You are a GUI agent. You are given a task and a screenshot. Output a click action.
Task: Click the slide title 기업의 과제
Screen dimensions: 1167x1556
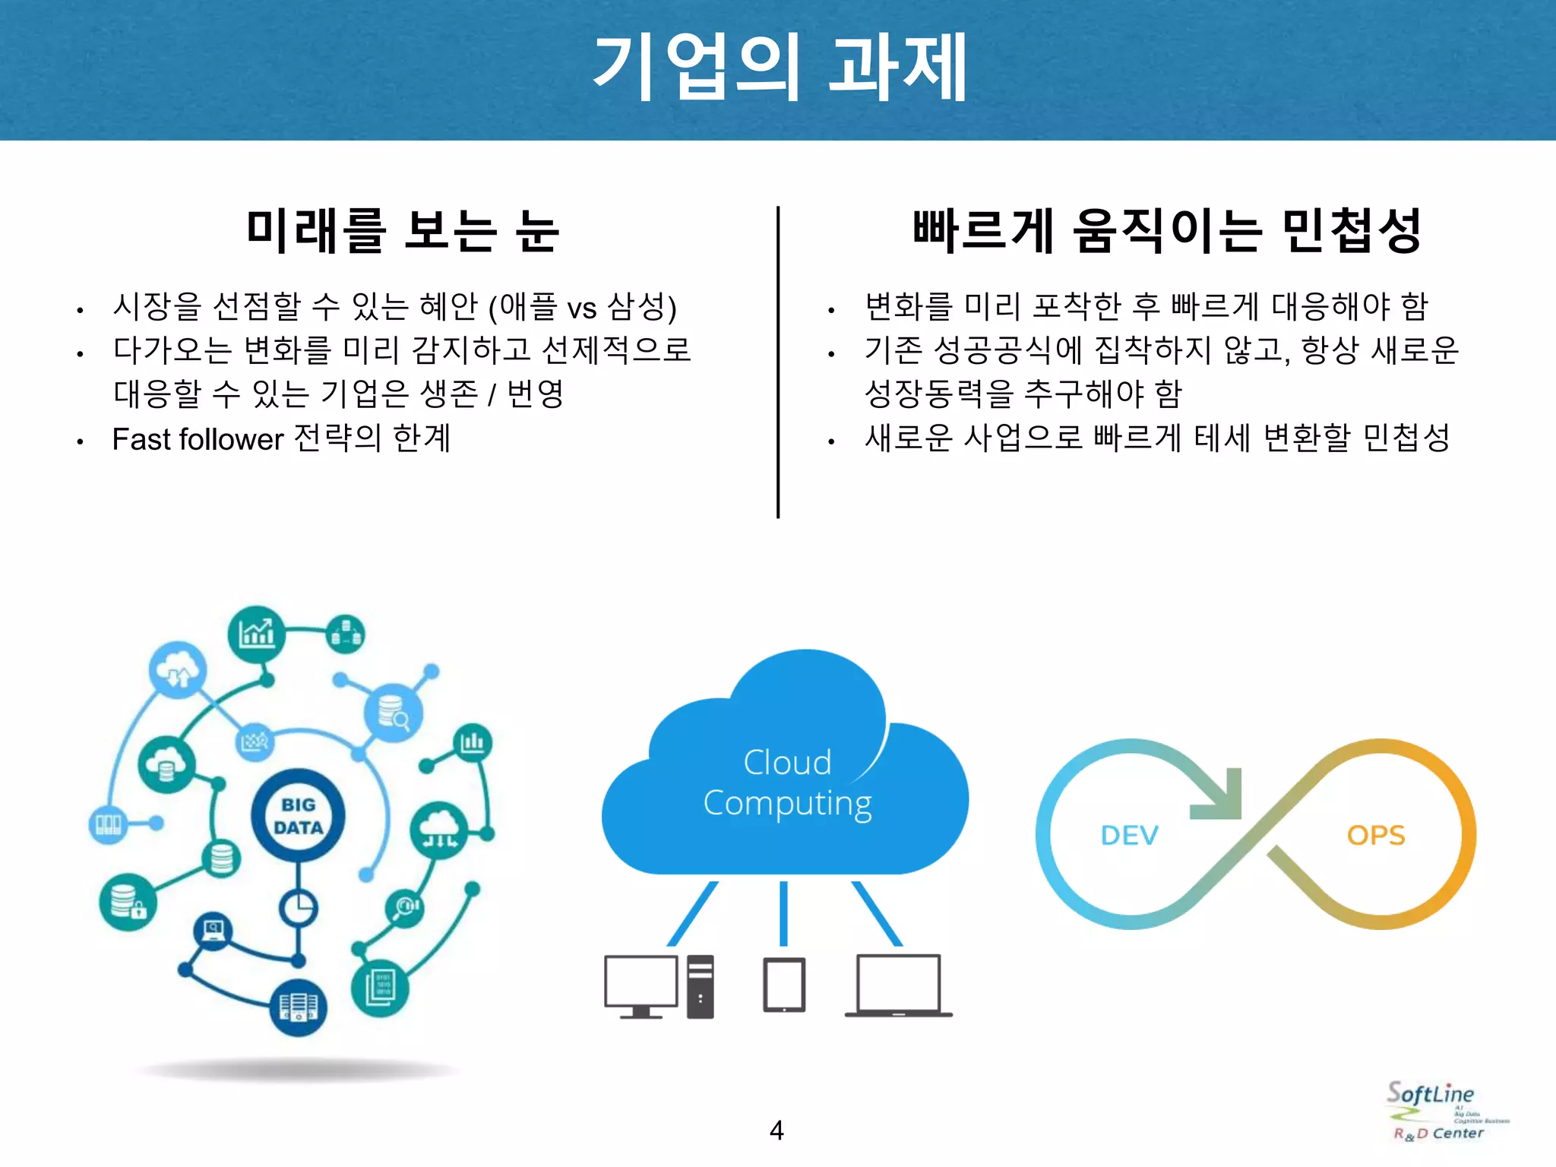pyautogui.click(x=778, y=68)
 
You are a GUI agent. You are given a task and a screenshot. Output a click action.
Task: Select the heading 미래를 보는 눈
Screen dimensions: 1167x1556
pyautogui.click(x=403, y=231)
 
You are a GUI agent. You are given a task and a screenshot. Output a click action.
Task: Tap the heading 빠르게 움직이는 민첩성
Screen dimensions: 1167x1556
pyautogui.click(x=1166, y=231)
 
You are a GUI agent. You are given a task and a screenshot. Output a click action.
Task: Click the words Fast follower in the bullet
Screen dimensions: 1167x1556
pyautogui.click(x=198, y=439)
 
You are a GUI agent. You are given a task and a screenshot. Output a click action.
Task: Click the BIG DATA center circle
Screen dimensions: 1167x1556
pyautogui.click(x=299, y=816)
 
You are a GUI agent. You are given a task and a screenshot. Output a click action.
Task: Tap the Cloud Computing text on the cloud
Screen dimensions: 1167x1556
pyautogui.click(x=787, y=783)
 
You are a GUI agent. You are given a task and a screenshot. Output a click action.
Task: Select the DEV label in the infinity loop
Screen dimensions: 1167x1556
pyautogui.click(x=1129, y=836)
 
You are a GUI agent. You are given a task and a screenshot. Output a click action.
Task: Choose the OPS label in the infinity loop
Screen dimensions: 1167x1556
pyautogui.click(x=1376, y=836)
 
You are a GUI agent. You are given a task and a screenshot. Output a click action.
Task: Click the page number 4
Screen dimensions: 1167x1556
pyautogui.click(x=776, y=1131)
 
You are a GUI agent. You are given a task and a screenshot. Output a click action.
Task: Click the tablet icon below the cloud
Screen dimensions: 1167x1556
pyautogui.click(x=784, y=985)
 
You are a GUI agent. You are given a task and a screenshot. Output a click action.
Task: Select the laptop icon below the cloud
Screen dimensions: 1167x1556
pyautogui.click(x=898, y=985)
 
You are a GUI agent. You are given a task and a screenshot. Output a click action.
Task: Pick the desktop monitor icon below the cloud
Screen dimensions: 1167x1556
pyautogui.click(x=640, y=984)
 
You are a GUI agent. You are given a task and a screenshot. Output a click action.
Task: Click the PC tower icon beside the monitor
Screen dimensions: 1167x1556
pyautogui.click(x=701, y=986)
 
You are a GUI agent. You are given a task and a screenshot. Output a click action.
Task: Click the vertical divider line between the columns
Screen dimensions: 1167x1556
pyautogui.click(x=778, y=362)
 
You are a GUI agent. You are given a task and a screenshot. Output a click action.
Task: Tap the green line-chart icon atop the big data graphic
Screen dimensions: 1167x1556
pyautogui.click(x=257, y=634)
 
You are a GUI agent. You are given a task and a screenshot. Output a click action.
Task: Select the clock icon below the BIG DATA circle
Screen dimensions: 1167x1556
pyautogui.click(x=298, y=907)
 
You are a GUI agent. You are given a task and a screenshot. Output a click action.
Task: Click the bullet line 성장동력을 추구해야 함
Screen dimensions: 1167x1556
pyautogui.click(x=1023, y=394)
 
